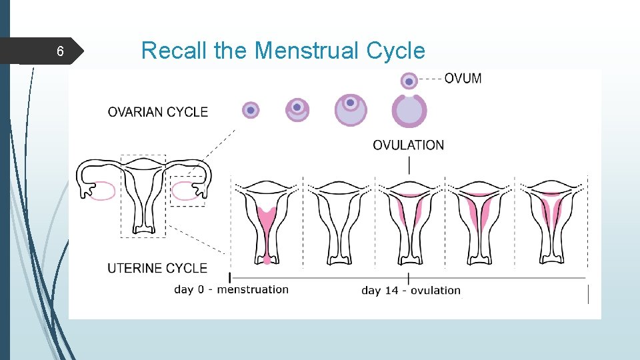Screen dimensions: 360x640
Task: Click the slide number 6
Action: click(x=60, y=52)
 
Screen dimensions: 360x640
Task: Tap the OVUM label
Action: click(x=463, y=78)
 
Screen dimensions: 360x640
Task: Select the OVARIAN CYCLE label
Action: click(x=158, y=112)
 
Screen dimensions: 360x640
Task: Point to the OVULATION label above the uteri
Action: click(x=408, y=145)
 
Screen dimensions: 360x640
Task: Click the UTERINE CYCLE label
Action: click(x=157, y=268)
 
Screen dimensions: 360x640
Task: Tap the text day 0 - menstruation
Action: click(x=231, y=289)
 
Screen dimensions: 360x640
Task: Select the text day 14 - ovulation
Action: click(x=411, y=290)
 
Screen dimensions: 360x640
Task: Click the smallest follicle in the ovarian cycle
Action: click(x=250, y=110)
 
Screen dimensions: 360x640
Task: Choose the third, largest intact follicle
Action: click(x=350, y=109)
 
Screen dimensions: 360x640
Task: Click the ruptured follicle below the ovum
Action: click(x=409, y=111)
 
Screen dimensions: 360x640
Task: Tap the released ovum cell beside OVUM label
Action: click(x=409, y=81)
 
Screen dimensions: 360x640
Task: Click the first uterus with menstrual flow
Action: click(x=267, y=220)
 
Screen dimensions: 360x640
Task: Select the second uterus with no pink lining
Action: click(x=339, y=220)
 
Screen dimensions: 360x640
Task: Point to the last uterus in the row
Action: click(x=552, y=220)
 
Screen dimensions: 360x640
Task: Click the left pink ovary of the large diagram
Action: click(x=100, y=191)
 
